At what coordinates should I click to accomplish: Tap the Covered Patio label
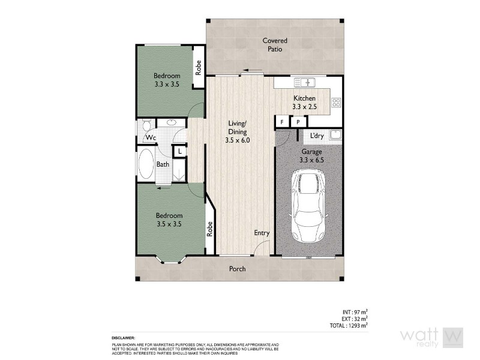pyautogui.click(x=275, y=45)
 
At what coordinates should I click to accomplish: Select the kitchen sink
pyautogui.click(x=305, y=82)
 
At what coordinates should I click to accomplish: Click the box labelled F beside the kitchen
pyautogui.click(x=281, y=122)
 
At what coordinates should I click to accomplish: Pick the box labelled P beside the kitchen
pyautogui.click(x=298, y=122)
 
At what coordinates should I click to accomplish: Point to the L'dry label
pyautogui.click(x=317, y=136)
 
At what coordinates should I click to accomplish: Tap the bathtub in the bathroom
pyautogui.click(x=146, y=164)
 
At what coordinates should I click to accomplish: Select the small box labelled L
pyautogui.click(x=179, y=152)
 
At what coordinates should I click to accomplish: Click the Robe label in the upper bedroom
pyautogui.click(x=199, y=67)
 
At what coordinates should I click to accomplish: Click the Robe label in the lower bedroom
pyautogui.click(x=210, y=229)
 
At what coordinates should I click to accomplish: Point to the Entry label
pyautogui.click(x=262, y=233)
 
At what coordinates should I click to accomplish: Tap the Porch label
pyautogui.click(x=238, y=269)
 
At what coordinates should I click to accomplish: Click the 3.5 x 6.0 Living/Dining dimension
pyautogui.click(x=238, y=140)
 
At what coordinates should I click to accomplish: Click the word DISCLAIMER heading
pyautogui.click(x=123, y=338)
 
